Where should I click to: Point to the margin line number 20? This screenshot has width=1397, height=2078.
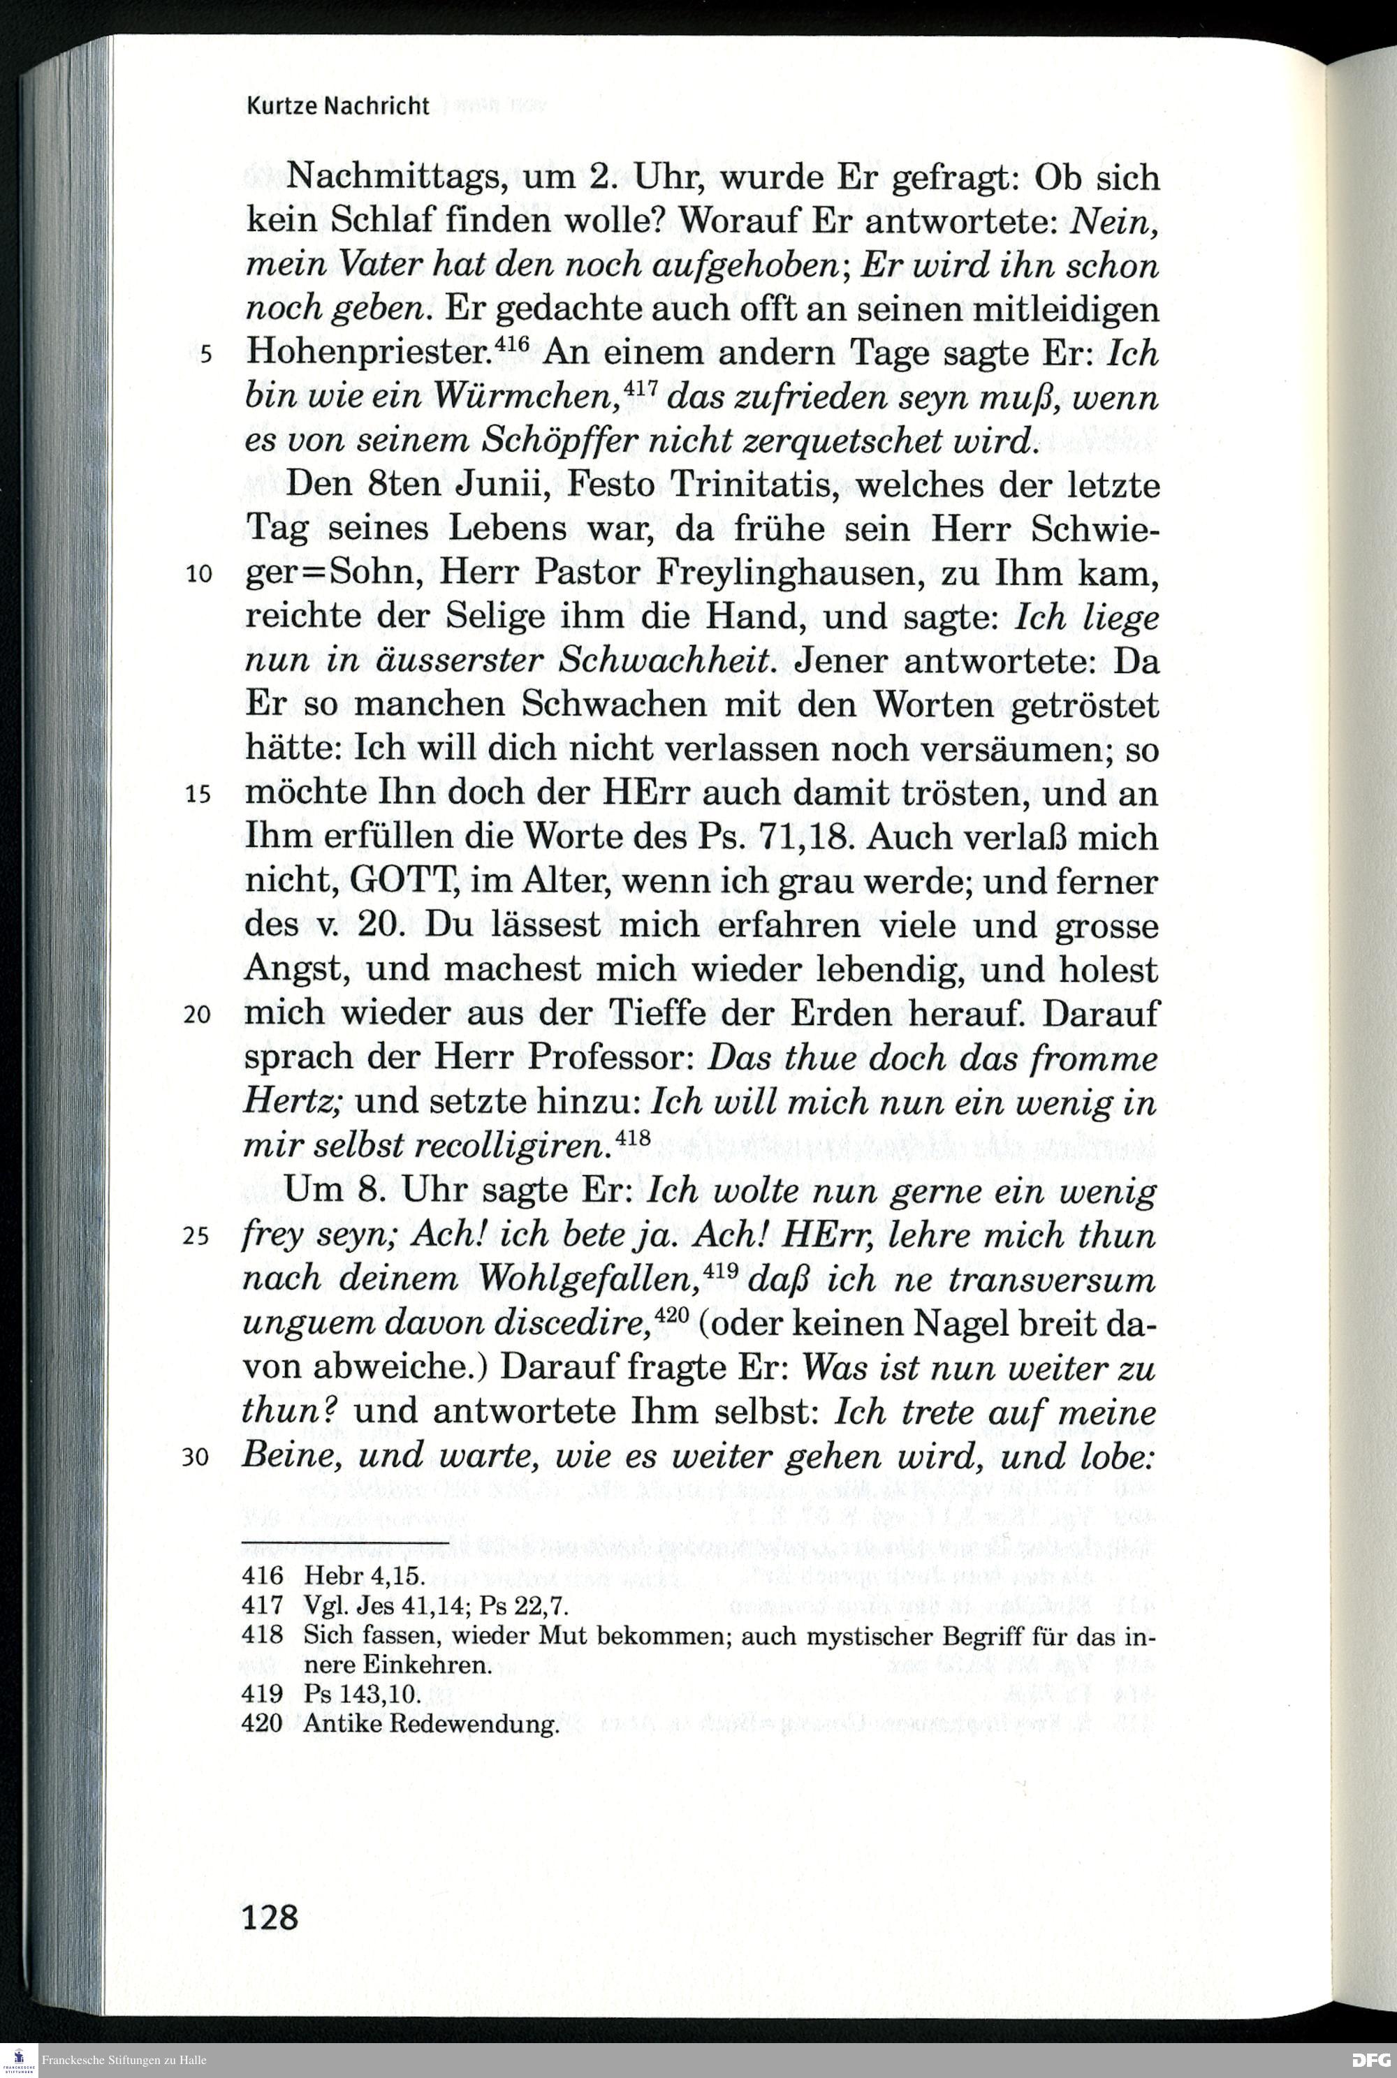tap(197, 1015)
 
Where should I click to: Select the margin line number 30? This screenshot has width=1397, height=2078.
tap(196, 1457)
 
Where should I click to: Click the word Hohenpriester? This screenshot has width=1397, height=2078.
tap(369, 353)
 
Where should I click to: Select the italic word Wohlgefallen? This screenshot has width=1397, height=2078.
tap(588, 1280)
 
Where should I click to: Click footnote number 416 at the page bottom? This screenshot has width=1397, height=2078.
tap(262, 1576)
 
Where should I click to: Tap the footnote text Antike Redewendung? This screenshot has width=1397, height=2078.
tap(430, 1723)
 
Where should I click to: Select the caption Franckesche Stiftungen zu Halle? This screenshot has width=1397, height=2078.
tap(124, 2060)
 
